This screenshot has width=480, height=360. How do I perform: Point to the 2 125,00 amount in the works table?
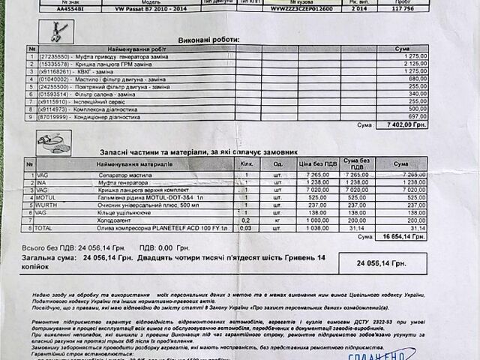click(418, 64)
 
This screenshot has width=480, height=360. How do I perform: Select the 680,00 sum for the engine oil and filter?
click(418, 79)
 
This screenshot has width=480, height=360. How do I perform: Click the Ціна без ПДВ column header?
click(318, 163)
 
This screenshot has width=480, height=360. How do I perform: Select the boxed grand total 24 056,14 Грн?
click(382, 263)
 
